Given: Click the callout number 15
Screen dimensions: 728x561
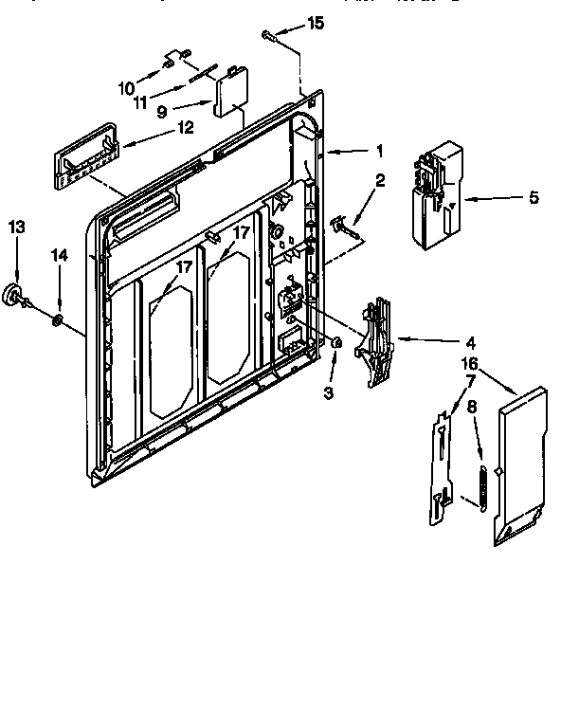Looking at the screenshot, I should [316, 23].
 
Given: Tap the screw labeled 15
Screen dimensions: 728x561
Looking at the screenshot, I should [270, 36].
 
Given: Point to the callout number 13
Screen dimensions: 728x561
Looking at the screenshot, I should [16, 227].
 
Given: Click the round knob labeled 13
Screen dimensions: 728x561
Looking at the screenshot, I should [16, 296].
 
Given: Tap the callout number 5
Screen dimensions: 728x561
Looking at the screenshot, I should [534, 197].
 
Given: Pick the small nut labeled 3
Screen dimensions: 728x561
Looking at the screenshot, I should [336, 342].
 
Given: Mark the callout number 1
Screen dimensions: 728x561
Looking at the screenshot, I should [379, 150].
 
